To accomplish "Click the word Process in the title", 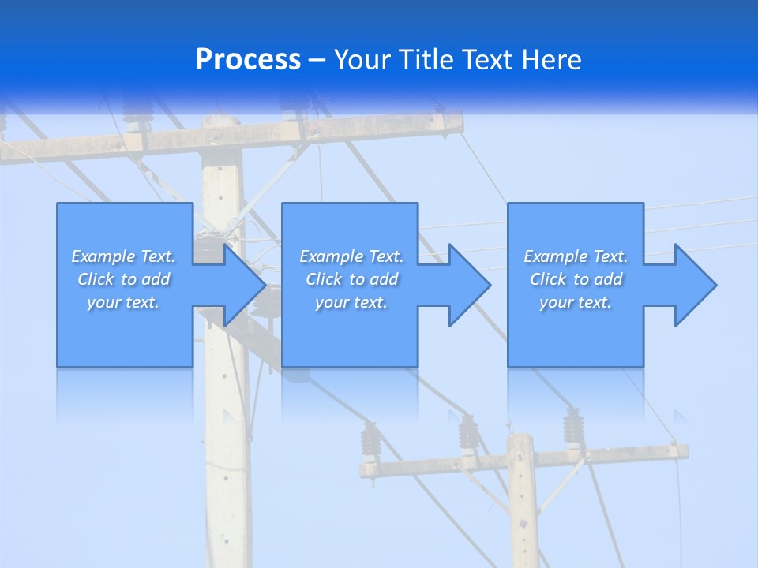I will (248, 60).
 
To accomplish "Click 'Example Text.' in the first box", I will (123, 256).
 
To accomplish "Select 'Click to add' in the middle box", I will (351, 279).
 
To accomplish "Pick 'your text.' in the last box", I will (575, 302).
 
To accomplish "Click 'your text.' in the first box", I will (123, 302).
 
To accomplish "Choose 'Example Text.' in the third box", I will (575, 256).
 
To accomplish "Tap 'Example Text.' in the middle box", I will (351, 256).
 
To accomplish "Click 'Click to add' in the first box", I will (123, 279).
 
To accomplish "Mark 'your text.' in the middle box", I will (351, 302).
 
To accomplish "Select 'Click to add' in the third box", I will (575, 279).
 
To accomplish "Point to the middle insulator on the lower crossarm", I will (468, 432).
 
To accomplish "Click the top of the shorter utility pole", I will (520, 438).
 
